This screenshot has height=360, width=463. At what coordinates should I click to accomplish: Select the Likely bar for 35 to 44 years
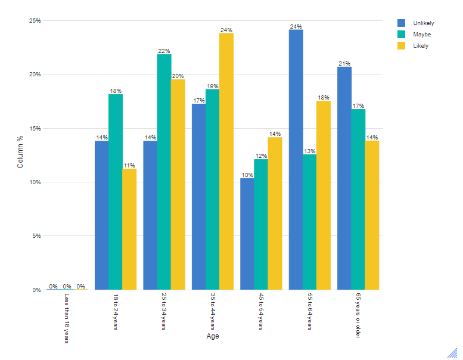[x=226, y=162]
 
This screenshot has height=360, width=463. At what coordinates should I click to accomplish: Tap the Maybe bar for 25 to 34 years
[x=164, y=172]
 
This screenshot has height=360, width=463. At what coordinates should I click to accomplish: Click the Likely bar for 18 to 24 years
[x=129, y=229]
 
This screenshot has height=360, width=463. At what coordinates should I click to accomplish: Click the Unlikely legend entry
[x=417, y=23]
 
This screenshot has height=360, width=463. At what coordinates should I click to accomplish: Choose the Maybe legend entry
[x=415, y=35]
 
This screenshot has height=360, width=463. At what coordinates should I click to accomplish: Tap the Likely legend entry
[x=414, y=46]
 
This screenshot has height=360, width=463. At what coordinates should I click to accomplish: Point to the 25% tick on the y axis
[x=35, y=21]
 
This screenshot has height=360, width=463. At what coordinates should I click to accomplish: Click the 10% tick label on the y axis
[x=35, y=182]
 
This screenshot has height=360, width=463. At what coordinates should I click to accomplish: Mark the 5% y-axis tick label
[x=36, y=236]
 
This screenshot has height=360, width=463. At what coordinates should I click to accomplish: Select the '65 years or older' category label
[x=358, y=316]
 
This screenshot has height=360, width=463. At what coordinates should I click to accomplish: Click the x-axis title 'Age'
[x=213, y=337]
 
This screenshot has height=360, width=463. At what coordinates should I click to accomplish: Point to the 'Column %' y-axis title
[x=20, y=151]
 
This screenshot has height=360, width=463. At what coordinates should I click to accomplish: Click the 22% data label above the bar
[x=164, y=51]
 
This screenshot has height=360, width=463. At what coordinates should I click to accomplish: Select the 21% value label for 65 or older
[x=344, y=63]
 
